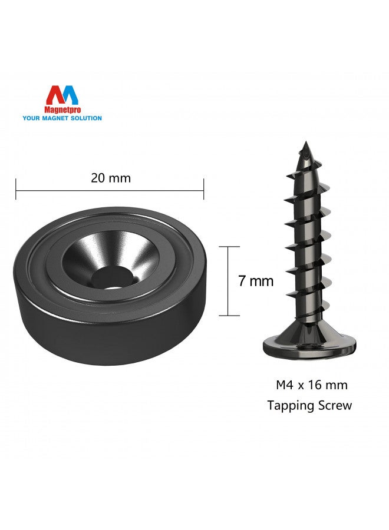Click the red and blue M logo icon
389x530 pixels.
tap(62, 95)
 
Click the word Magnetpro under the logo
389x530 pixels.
tap(62, 110)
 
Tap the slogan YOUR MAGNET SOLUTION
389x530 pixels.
tap(62, 118)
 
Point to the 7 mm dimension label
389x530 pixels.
tap(256, 281)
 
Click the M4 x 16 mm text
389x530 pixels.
tap(312, 385)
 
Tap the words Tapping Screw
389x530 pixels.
tap(309, 405)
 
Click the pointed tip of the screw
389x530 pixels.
tap(305, 144)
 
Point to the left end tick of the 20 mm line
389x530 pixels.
tap(16, 190)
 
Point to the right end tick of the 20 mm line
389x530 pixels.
tap(204, 190)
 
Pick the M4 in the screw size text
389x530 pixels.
tap(285, 385)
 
